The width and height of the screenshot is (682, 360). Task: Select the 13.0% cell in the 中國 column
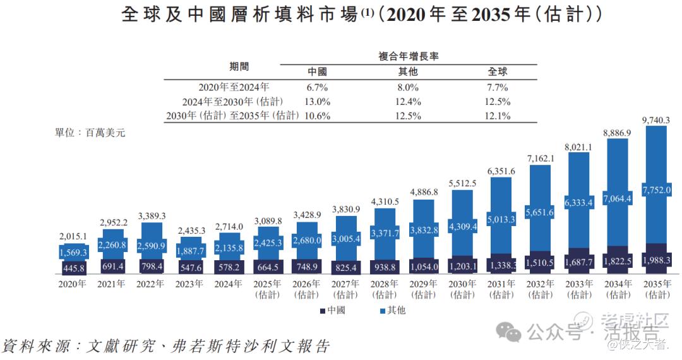pyautogui.click(x=317, y=102)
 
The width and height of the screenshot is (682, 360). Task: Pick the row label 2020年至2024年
pyautogui.click(x=234, y=88)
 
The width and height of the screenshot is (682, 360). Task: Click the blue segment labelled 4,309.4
pyautogui.click(x=462, y=225)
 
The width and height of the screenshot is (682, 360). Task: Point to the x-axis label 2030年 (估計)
pyautogui.click(x=462, y=289)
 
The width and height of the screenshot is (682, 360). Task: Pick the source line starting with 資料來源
pyautogui.click(x=165, y=346)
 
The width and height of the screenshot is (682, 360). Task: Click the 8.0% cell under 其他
pyautogui.click(x=408, y=88)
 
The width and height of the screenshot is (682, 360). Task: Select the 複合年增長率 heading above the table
pyautogui.click(x=408, y=56)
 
